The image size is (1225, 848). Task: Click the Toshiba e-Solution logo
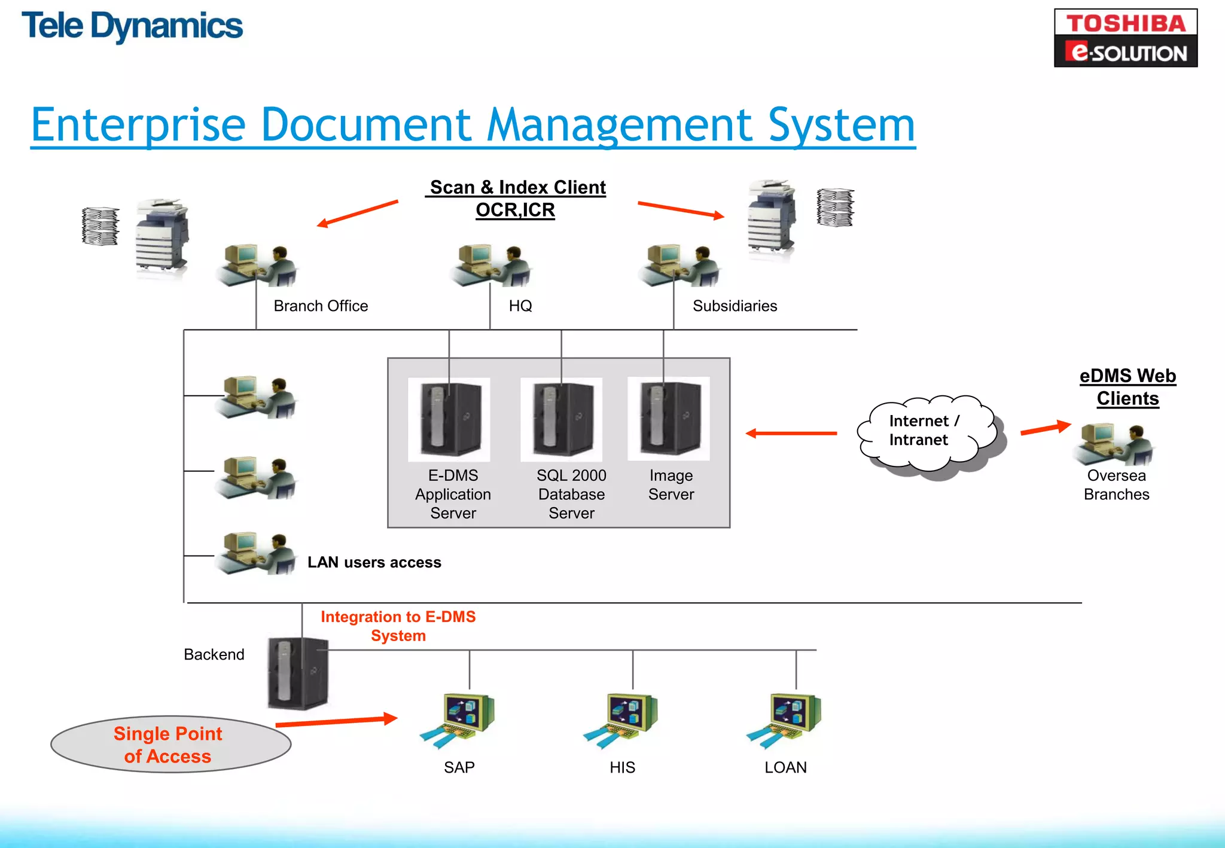pos(1125,38)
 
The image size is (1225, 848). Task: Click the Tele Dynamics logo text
pos(132,27)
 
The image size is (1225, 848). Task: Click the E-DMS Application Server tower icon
pos(449,419)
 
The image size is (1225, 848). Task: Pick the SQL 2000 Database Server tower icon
pos(561,419)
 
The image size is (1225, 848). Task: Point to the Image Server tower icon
pos(668,419)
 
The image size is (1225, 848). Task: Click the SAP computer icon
pos(459,719)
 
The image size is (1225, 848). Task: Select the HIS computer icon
pos(622,719)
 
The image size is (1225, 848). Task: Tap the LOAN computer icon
pos(785,719)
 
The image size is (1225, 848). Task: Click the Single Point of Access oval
pos(170,745)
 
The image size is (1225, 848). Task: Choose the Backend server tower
pos(297,673)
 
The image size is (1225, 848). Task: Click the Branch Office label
pos(321,306)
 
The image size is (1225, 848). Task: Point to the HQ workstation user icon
pos(490,265)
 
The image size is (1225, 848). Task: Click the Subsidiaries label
pos(735,306)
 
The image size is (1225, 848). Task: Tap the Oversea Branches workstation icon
pos(1114,444)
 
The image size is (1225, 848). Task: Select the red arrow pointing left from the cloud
pos(791,433)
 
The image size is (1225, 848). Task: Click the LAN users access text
pos(374,562)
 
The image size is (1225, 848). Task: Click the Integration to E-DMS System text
pos(398,626)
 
